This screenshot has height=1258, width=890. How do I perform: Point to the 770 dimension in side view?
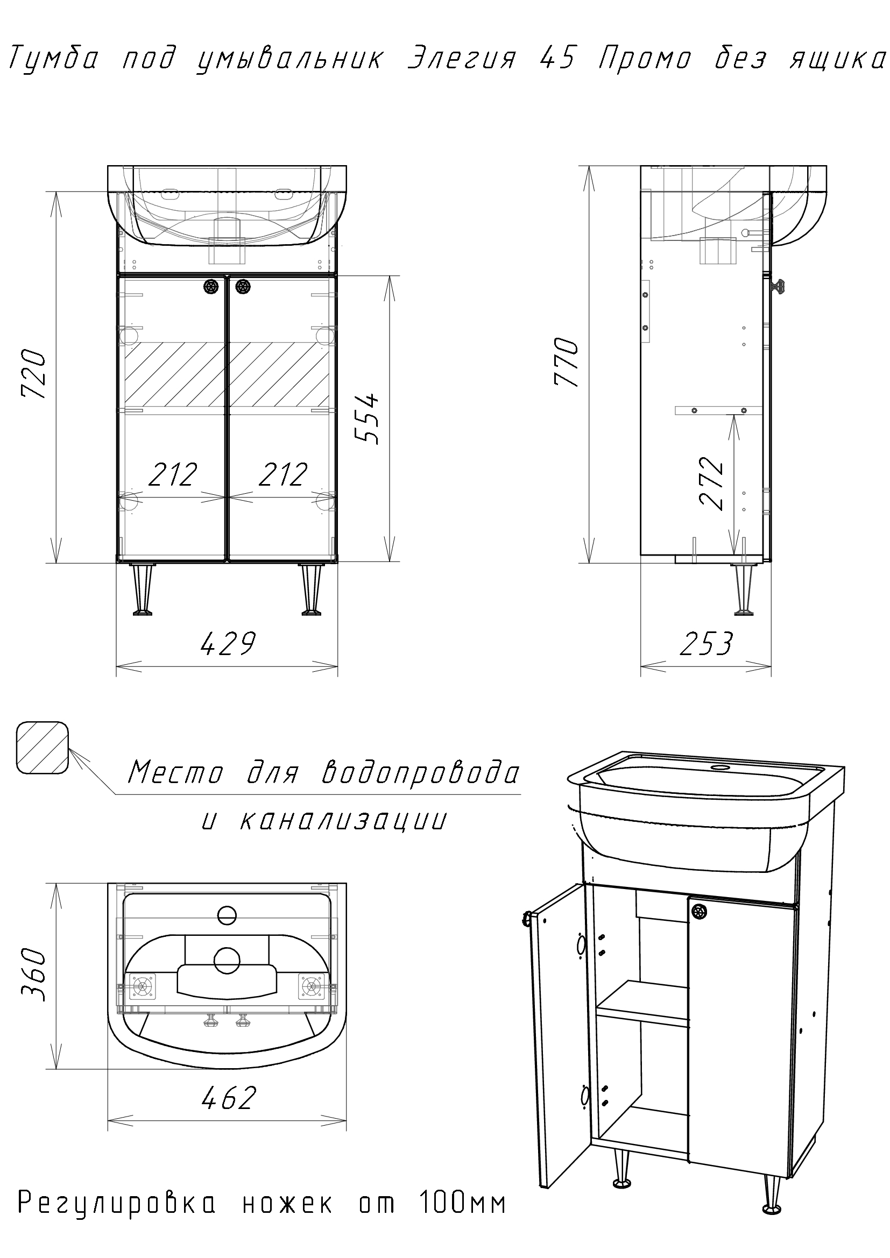click(x=567, y=363)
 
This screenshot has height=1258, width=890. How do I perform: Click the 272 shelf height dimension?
click(x=712, y=484)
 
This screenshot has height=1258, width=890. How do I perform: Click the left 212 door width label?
click(x=173, y=475)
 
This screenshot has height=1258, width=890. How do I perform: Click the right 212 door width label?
click(x=282, y=475)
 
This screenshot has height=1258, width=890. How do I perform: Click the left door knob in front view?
click(x=211, y=286)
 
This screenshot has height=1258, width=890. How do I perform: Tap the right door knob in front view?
click(x=242, y=286)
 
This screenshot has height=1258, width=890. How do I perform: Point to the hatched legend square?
click(x=42, y=748)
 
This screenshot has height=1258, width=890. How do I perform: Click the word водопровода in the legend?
click(x=420, y=773)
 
